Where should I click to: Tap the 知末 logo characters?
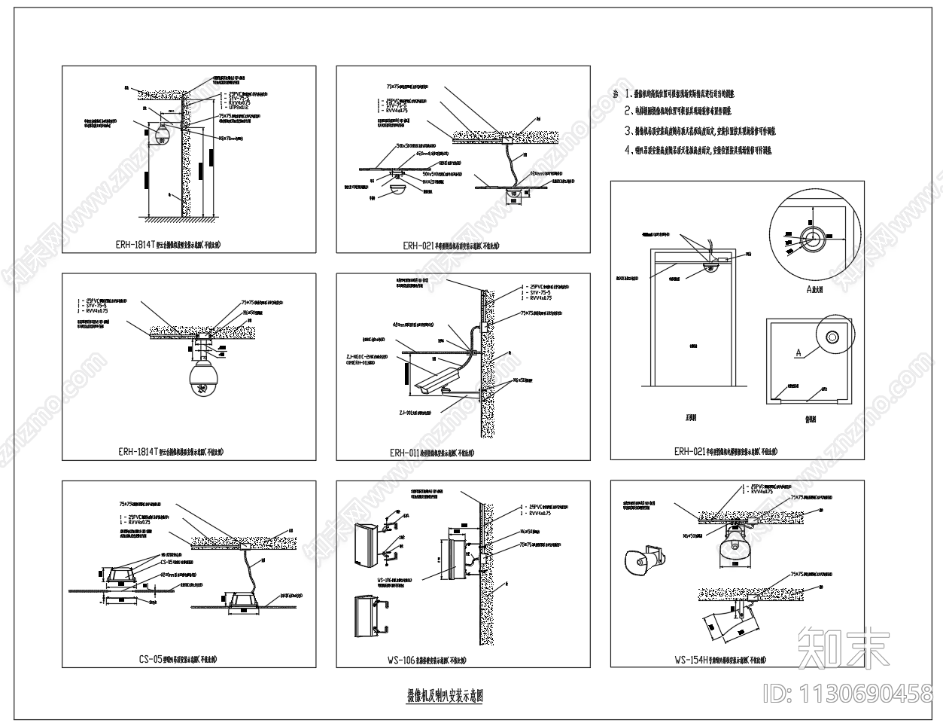843,647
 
